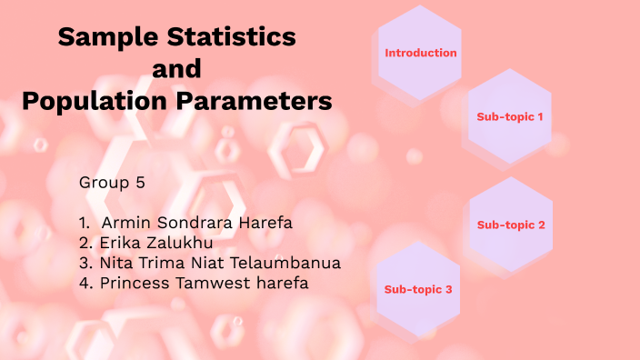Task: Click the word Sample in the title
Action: click(x=104, y=37)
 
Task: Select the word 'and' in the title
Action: click(x=176, y=69)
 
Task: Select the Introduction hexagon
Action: click(x=420, y=53)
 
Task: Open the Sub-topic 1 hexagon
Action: click(x=510, y=117)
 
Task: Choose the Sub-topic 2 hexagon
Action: click(x=510, y=225)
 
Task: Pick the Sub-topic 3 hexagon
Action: click(x=418, y=289)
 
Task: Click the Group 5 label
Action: click(x=112, y=182)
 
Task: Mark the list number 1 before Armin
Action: click(x=84, y=222)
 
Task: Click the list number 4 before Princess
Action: click(x=84, y=283)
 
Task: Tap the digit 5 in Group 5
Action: click(x=140, y=182)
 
